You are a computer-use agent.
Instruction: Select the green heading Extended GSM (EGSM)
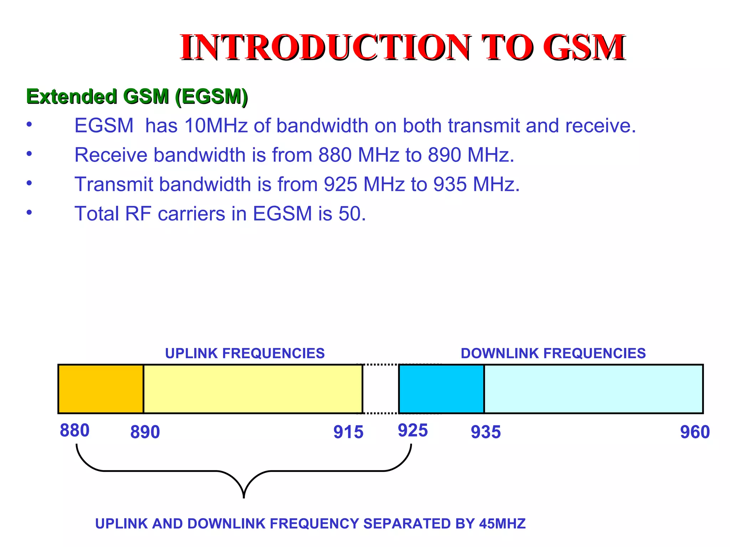point(137,97)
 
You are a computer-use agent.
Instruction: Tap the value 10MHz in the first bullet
point(216,126)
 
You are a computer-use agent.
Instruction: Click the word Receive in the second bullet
point(111,155)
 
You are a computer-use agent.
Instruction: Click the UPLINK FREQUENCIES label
point(245,353)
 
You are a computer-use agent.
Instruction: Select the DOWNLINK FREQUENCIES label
point(553,353)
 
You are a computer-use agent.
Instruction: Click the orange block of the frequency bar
point(101,389)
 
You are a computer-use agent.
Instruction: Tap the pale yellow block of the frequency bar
point(253,389)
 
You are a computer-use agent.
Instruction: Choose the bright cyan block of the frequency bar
point(441,389)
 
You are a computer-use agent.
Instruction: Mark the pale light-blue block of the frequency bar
point(593,389)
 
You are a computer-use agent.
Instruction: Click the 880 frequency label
point(74,431)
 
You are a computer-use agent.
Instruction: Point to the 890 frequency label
point(145,432)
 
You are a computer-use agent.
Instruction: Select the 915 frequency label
point(348,432)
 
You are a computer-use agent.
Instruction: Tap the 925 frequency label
point(413,431)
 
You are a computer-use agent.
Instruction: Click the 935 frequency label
point(486,432)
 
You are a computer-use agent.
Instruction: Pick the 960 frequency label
point(695,432)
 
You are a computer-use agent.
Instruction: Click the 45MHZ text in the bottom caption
point(502,524)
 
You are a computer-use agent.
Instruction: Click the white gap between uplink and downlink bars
point(381,389)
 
